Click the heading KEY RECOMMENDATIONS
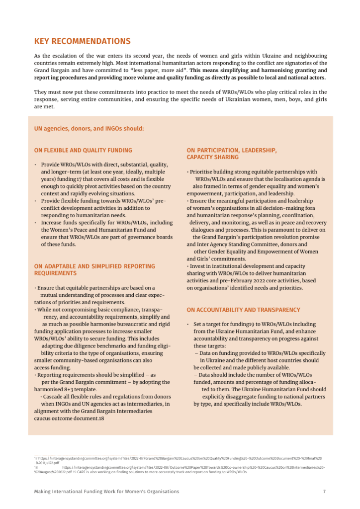click(x=82, y=41)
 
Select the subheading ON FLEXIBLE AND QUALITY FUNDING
click(x=83, y=150)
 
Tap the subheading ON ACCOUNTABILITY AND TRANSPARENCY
click(x=243, y=310)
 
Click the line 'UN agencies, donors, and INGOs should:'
click(x=89, y=128)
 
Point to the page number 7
click(x=324, y=492)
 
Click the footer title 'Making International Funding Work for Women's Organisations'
click(x=106, y=492)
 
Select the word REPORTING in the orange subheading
click(x=134, y=266)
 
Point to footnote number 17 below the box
click(x=36, y=458)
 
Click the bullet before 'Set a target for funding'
click(x=188, y=325)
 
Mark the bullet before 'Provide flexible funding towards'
click(x=35, y=201)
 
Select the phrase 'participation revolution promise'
click(x=281, y=237)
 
